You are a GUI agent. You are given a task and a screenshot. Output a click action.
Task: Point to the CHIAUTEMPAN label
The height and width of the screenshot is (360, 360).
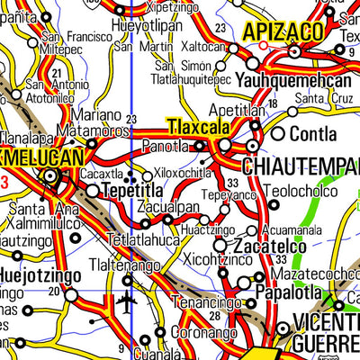coord(301,166)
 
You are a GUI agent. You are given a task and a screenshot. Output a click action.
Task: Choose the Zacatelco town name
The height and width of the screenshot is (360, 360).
coord(266,246)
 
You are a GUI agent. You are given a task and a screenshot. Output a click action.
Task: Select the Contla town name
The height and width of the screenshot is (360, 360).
coord(316,134)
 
